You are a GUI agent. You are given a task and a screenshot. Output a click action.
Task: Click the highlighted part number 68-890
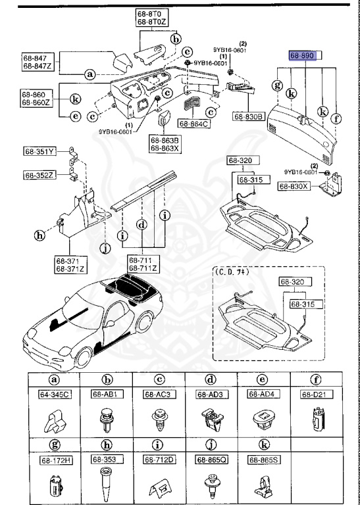tap(304, 57)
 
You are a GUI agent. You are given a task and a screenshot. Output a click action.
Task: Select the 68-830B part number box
tap(248, 116)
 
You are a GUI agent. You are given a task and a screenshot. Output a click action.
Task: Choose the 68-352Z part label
tap(41, 175)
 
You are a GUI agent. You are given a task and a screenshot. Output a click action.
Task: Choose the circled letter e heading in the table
tap(262, 379)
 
